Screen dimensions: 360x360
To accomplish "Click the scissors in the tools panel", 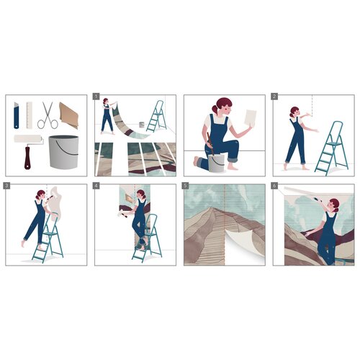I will point(48,114).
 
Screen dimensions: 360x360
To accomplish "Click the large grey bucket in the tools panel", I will point(62,150).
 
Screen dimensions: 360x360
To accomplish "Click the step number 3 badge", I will point(7,186).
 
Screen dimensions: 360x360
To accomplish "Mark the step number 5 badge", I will point(186,186).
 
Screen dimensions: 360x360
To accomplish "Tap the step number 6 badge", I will point(275,186).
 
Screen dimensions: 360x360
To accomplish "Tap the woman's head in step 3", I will point(40,196).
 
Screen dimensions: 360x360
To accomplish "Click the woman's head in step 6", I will point(333,204).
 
